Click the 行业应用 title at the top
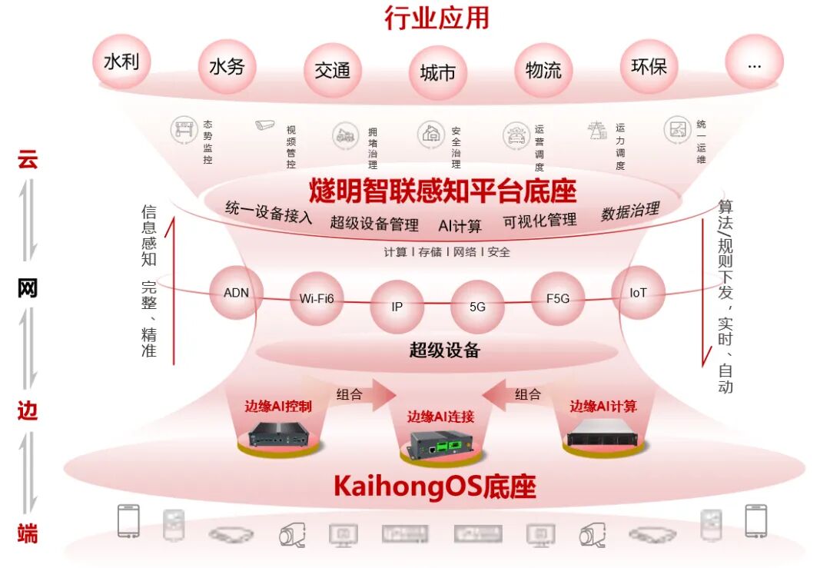coord(437,18)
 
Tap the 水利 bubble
coord(121,61)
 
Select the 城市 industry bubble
coord(437,73)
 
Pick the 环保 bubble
coord(649,67)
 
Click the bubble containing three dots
coord(754,65)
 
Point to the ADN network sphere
coord(236,292)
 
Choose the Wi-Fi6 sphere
coord(317,298)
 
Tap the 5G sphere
coord(477,306)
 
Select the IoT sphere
coord(638,292)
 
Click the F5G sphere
coord(557,298)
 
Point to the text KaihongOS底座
coord(434,487)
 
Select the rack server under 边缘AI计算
coord(603,434)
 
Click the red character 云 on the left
coord(28,160)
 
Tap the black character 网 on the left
coord(28,288)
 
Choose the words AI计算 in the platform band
coord(460,226)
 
